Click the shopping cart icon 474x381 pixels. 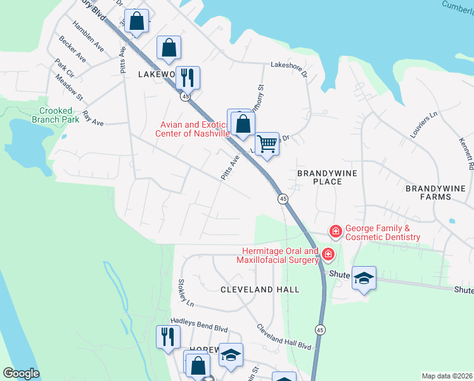(x=267, y=145)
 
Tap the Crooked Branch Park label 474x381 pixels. (x=51, y=115)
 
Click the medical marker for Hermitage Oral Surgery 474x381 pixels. (x=328, y=255)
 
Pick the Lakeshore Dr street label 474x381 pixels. (x=288, y=65)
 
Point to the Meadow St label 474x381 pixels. (x=69, y=87)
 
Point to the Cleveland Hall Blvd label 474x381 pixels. (x=284, y=337)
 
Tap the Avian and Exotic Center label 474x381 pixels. (x=193, y=129)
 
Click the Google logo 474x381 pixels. (x=22, y=373)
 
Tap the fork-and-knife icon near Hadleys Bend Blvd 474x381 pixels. (x=167, y=337)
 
